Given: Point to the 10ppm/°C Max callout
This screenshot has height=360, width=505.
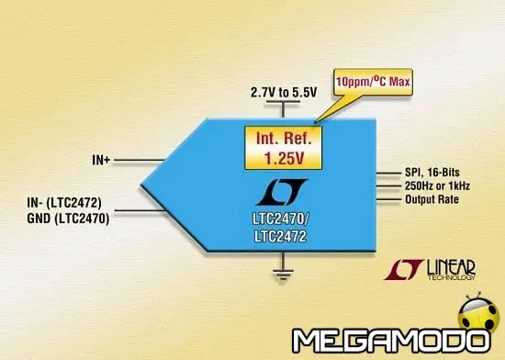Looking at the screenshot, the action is tap(374, 82).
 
